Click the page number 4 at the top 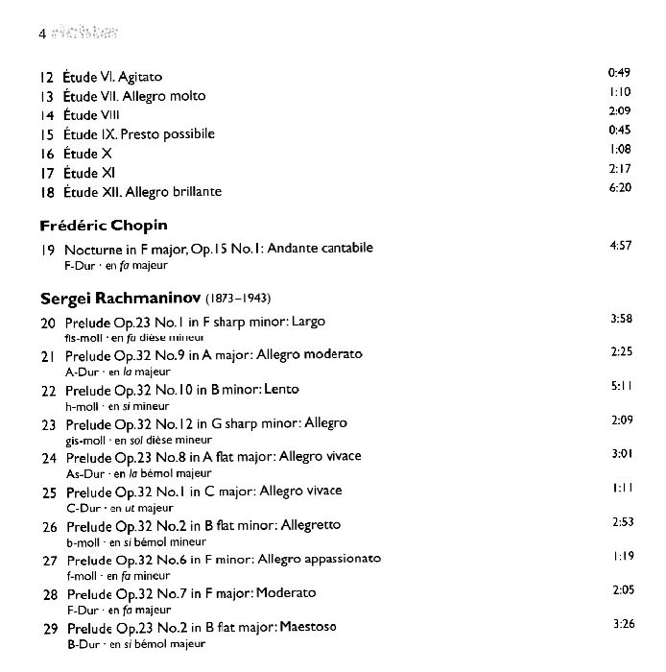coord(42,34)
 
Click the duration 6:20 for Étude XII coord(620,188)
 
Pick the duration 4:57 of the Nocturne coord(620,246)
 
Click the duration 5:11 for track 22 coord(621,386)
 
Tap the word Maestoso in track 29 coord(309,627)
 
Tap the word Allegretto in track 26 coord(310,525)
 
